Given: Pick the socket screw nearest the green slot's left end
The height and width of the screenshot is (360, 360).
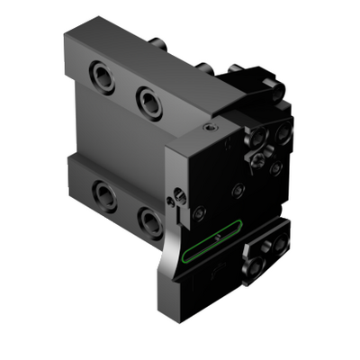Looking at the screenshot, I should [200, 213].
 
